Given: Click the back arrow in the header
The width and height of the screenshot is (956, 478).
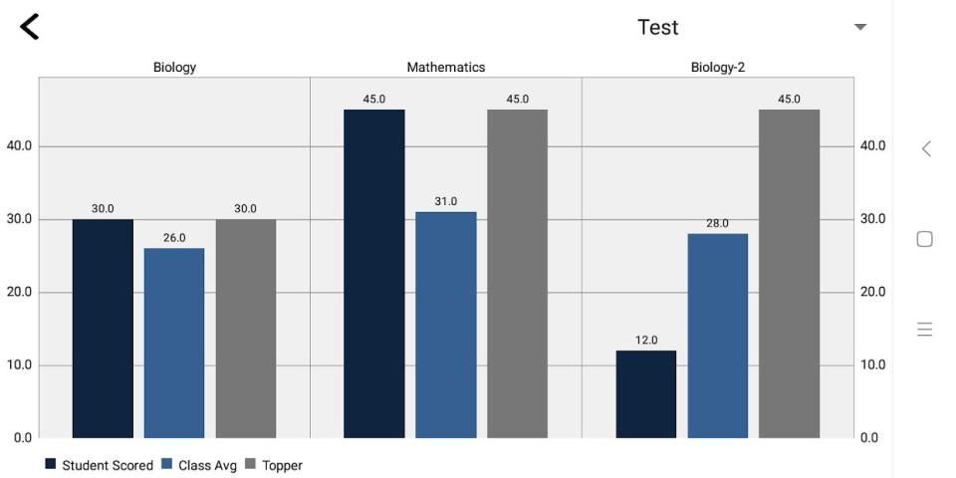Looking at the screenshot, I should (30, 27).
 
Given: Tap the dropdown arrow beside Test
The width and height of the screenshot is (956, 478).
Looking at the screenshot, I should (860, 27).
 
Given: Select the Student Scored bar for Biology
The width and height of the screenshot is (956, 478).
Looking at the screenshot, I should (103, 328).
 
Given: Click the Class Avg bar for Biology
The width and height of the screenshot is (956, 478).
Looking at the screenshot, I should (174, 343).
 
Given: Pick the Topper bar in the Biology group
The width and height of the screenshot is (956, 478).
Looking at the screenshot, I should (246, 328).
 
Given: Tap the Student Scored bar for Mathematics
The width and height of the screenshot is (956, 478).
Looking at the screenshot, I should (374, 273).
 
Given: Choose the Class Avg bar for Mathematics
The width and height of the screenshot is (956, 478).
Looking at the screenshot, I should (446, 324).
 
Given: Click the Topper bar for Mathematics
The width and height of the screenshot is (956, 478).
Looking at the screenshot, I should (518, 273).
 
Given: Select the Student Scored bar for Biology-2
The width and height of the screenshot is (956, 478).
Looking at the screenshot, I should (646, 393).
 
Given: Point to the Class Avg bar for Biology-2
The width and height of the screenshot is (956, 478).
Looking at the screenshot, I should (718, 336).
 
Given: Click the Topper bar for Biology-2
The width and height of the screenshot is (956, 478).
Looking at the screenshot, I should (790, 273).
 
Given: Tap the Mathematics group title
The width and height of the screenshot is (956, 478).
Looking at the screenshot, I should (446, 68).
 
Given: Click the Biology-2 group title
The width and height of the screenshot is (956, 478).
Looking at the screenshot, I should (718, 68).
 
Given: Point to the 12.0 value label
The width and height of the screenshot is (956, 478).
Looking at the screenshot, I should (646, 341).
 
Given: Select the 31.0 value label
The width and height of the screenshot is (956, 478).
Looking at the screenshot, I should (446, 202).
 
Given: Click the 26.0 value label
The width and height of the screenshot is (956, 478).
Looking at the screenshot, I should (174, 238).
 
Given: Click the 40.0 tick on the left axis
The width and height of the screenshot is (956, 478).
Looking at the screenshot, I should (20, 146).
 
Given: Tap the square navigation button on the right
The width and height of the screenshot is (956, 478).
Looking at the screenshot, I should (924, 239).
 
